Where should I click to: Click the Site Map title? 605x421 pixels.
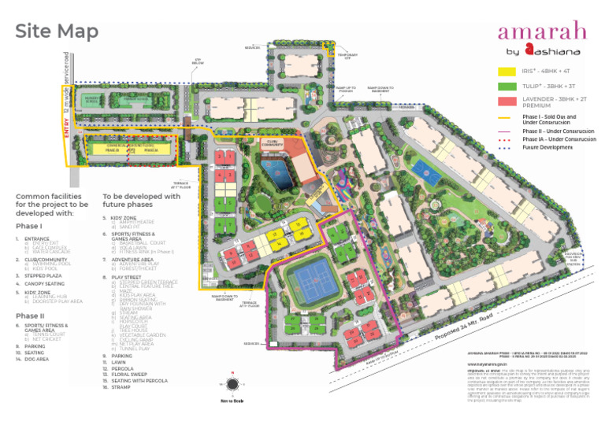tap(58, 31)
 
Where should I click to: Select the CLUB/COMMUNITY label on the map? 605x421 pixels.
tap(273, 143)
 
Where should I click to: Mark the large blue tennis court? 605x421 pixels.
tap(313, 278)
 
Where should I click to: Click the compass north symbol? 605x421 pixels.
tap(232, 385)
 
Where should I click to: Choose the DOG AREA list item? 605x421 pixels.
tap(37, 358)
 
